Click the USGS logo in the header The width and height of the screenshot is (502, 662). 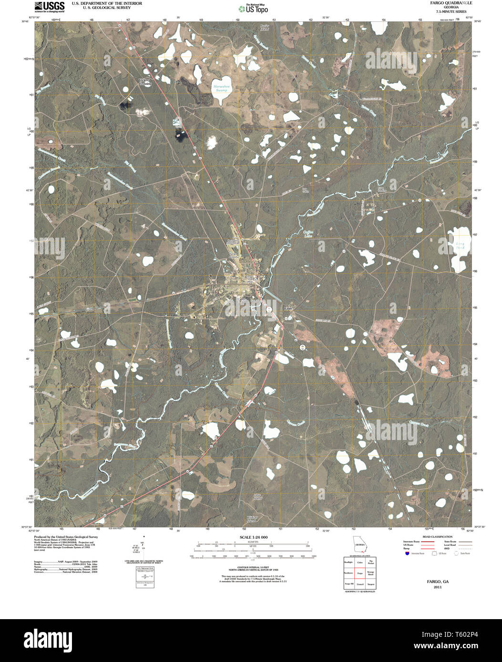[x=50, y=7]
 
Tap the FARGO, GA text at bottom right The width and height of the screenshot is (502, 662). [x=438, y=582]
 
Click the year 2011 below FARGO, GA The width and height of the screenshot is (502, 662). [x=438, y=587]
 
